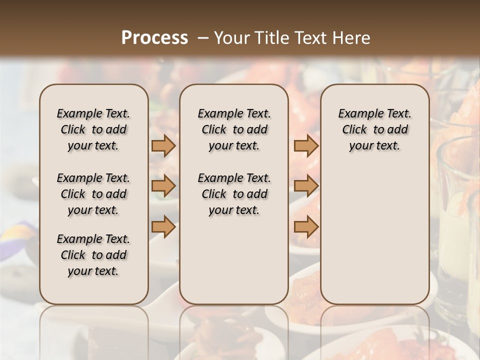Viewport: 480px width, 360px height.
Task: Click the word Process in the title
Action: coord(154,38)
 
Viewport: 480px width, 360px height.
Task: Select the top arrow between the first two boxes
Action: coord(163,145)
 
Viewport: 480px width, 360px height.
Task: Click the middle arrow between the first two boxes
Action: coord(163,186)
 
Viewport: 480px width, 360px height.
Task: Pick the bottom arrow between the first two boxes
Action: coord(163,227)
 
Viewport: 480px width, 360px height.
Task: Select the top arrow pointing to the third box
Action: coord(306,145)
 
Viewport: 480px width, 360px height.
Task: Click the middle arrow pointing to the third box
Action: coord(306,186)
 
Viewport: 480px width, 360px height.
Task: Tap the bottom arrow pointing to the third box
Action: coord(306,227)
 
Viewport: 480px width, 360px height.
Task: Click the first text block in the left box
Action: coord(93,129)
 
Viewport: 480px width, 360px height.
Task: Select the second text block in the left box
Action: coord(93,194)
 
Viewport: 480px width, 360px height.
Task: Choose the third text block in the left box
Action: coord(93,255)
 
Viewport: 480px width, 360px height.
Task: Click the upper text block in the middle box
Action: coord(234,129)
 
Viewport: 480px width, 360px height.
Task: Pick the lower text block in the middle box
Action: coord(234,194)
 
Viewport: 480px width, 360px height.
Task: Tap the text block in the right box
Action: coord(374,129)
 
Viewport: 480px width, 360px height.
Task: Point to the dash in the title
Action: coord(202,38)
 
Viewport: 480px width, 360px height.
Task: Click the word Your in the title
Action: coord(231,38)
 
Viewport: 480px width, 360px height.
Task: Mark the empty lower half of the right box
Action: coord(374,235)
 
